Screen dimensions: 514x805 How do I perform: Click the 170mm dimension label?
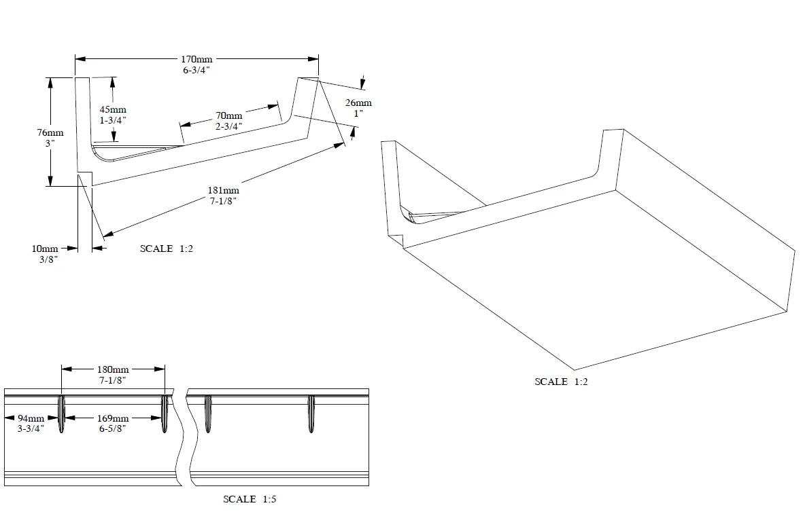click(x=196, y=60)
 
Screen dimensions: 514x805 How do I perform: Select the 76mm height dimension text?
click(x=50, y=133)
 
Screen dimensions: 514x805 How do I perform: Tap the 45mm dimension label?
click(x=112, y=109)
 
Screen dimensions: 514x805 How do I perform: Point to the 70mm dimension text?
click(x=229, y=115)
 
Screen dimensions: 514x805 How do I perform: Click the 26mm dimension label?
click(x=358, y=103)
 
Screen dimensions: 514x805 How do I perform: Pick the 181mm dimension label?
click(x=223, y=190)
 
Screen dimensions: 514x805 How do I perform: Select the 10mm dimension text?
click(x=45, y=249)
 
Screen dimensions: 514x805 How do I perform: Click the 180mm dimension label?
click(x=113, y=369)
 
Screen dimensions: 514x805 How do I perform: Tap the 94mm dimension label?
click(x=31, y=418)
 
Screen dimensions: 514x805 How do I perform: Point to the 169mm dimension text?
click(x=113, y=418)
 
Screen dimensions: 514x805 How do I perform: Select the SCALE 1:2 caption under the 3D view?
click(x=561, y=382)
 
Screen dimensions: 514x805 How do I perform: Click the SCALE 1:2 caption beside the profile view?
click(x=167, y=249)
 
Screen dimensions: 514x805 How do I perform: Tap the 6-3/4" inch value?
click(x=196, y=70)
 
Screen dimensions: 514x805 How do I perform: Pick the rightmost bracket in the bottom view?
click(x=311, y=413)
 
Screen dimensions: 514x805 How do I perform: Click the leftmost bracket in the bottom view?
click(x=61, y=413)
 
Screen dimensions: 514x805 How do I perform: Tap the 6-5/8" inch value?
click(x=113, y=428)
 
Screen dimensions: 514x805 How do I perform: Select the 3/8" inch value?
click(x=46, y=259)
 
